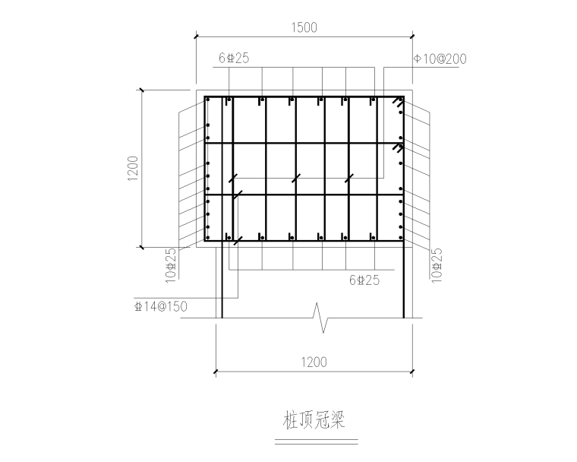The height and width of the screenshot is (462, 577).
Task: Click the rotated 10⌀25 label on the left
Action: click(171, 261)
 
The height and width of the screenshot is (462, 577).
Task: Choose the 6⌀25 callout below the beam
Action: click(364, 280)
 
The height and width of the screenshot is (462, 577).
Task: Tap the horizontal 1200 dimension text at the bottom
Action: click(313, 362)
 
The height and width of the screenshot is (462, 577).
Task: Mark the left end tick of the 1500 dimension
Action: click(197, 36)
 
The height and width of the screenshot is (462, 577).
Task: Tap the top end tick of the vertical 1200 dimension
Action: click(140, 90)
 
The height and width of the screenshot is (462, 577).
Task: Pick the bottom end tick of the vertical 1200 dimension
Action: click(140, 247)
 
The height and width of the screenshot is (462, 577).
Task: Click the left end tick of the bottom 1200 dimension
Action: click(216, 371)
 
